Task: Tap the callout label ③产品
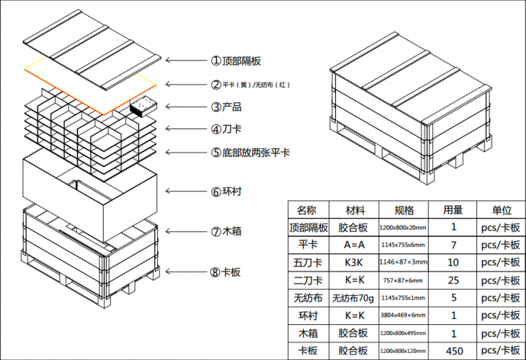(x=226, y=107)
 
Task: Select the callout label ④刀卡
(x=226, y=129)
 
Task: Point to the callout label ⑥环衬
(x=226, y=192)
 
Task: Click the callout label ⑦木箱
(x=226, y=231)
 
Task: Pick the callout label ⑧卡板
(x=226, y=272)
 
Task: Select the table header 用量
(x=453, y=210)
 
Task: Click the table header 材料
(x=353, y=210)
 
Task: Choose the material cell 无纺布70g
(x=353, y=298)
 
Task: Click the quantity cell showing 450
(x=453, y=351)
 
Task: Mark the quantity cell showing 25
(x=453, y=280)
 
